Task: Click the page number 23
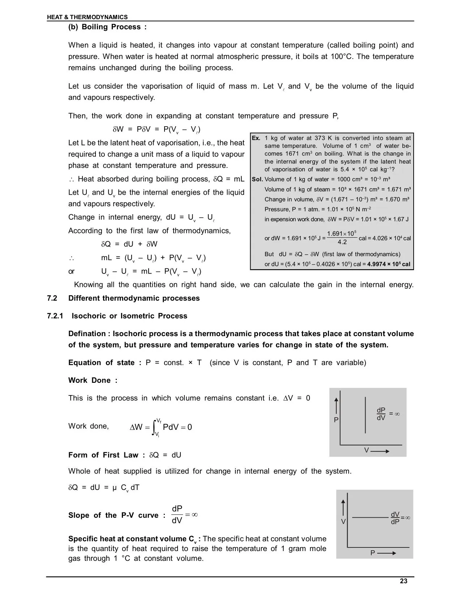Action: pos(404,581)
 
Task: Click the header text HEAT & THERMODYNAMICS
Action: pos(87,17)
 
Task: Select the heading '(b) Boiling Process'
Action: pos(107,27)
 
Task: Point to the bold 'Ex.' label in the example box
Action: pos(256,138)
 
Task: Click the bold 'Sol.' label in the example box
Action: pos(257,179)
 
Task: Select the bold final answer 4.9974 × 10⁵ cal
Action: pos(389,264)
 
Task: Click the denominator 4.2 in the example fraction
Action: pos(342,242)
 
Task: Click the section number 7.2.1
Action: pos(55,316)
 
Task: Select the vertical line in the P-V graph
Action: pos(366,415)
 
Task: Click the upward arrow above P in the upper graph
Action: pos(337,405)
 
